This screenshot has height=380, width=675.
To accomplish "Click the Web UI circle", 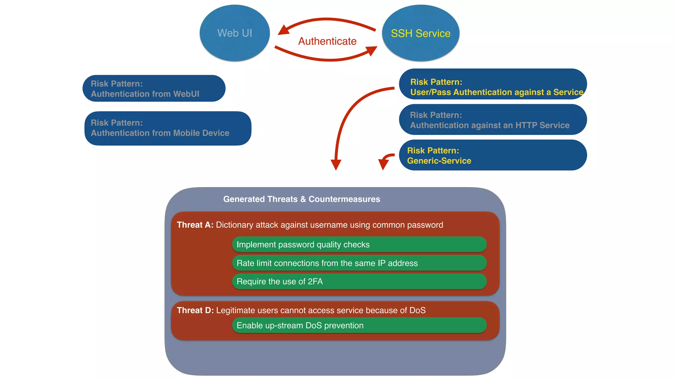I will [x=235, y=33].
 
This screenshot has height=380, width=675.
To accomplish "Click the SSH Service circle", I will [x=421, y=33].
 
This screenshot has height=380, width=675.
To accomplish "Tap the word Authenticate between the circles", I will [x=327, y=41].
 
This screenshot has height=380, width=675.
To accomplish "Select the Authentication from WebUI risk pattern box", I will [x=154, y=88].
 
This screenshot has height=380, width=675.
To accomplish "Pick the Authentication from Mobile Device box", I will [x=168, y=128].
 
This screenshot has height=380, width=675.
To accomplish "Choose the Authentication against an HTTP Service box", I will [x=493, y=120].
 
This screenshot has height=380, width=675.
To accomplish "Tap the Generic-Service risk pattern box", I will [x=493, y=155].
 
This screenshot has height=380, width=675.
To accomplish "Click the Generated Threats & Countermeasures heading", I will [x=302, y=199].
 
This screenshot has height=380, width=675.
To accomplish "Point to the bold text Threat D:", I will [x=195, y=310].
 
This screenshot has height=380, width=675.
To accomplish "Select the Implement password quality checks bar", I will [x=359, y=244].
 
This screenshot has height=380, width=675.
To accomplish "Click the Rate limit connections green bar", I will [x=359, y=263].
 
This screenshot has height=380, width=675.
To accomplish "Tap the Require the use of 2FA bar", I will [x=359, y=282].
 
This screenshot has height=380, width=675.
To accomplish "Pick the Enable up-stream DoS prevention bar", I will [x=359, y=326].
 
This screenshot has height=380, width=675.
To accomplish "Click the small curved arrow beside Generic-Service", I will [x=385, y=161].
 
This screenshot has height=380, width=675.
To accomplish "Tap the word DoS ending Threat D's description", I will [x=417, y=310].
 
